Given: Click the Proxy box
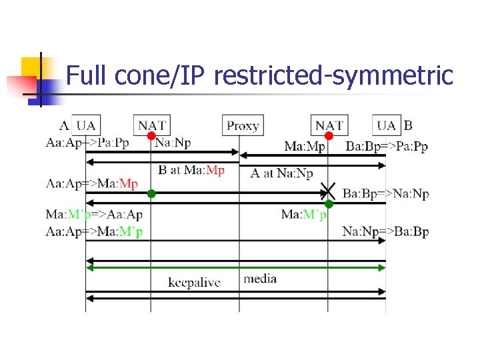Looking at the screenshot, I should click(x=243, y=125).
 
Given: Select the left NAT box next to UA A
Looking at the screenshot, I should click(x=152, y=125).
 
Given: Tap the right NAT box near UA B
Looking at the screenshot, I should click(x=329, y=125).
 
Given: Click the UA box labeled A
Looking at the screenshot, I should click(x=86, y=125).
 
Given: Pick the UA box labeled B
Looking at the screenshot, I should click(x=387, y=125).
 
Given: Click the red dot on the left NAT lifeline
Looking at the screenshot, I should click(x=151, y=137).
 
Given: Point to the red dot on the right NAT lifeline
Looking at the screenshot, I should click(x=329, y=137).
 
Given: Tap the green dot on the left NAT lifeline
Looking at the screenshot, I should click(x=151, y=193).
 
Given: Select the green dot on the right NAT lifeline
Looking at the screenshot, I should click(x=329, y=204).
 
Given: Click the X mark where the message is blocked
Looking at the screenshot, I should click(x=327, y=191).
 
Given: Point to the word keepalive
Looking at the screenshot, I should click(x=194, y=283).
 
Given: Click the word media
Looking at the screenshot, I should click(x=260, y=279).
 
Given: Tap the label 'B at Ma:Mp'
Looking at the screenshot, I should click(x=191, y=170).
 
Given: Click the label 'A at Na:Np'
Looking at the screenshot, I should click(x=281, y=173).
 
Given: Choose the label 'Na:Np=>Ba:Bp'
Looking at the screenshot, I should click(x=385, y=232).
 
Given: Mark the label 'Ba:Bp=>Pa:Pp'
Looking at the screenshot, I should click(x=387, y=147).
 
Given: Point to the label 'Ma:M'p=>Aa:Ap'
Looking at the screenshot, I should click(x=94, y=214).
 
